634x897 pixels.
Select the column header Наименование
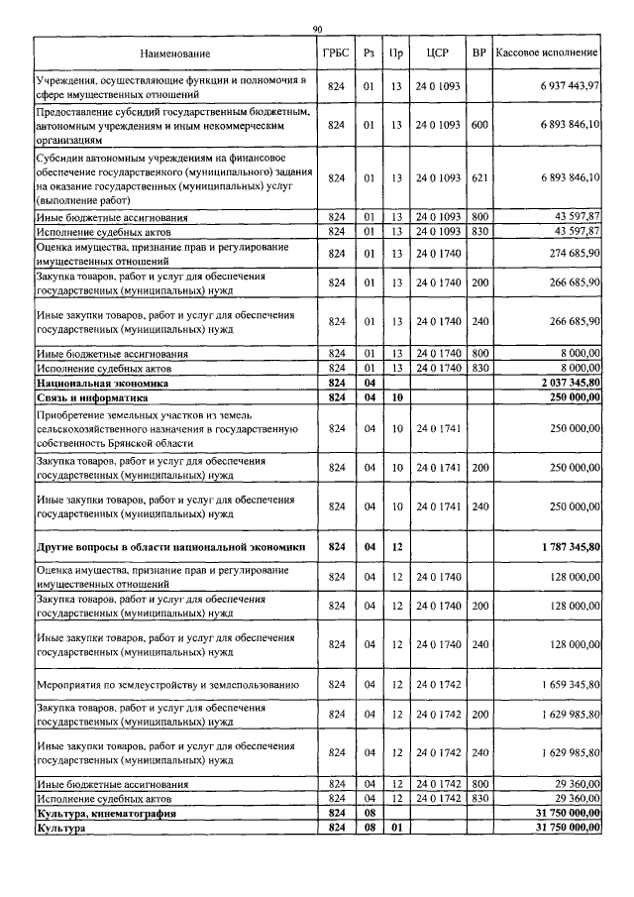(x=174, y=52)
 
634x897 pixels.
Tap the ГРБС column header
(x=336, y=52)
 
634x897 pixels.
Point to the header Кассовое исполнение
(x=547, y=52)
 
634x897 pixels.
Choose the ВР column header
(x=479, y=52)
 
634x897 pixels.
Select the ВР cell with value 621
(x=479, y=177)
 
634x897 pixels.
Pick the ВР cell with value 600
(x=479, y=125)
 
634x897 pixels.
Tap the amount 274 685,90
(x=571, y=252)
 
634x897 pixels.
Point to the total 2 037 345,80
(x=567, y=382)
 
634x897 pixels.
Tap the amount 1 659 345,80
(x=567, y=685)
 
